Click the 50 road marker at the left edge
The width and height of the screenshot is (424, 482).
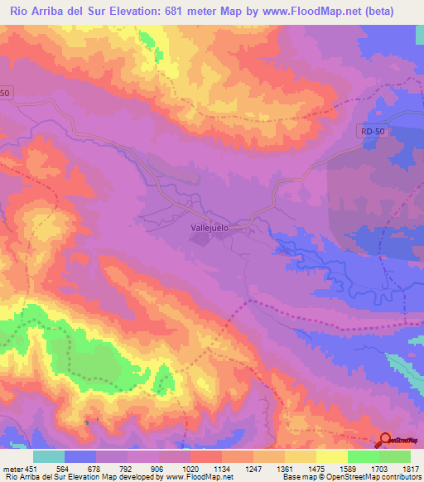click(5, 94)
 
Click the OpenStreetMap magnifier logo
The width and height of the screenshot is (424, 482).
click(386, 440)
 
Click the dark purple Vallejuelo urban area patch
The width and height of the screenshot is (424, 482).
click(201, 239)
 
